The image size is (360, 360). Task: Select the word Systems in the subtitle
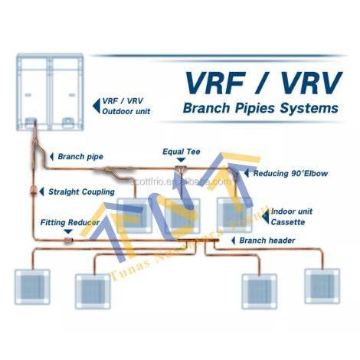coord(311,108)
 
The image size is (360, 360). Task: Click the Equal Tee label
coord(180,152)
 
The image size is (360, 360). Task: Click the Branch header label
coord(267,241)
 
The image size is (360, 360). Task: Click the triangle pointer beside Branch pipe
coord(51,156)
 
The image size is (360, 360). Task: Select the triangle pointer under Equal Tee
coord(180,160)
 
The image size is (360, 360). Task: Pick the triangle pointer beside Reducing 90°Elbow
coord(246,174)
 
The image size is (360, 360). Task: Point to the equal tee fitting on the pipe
coord(181,171)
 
